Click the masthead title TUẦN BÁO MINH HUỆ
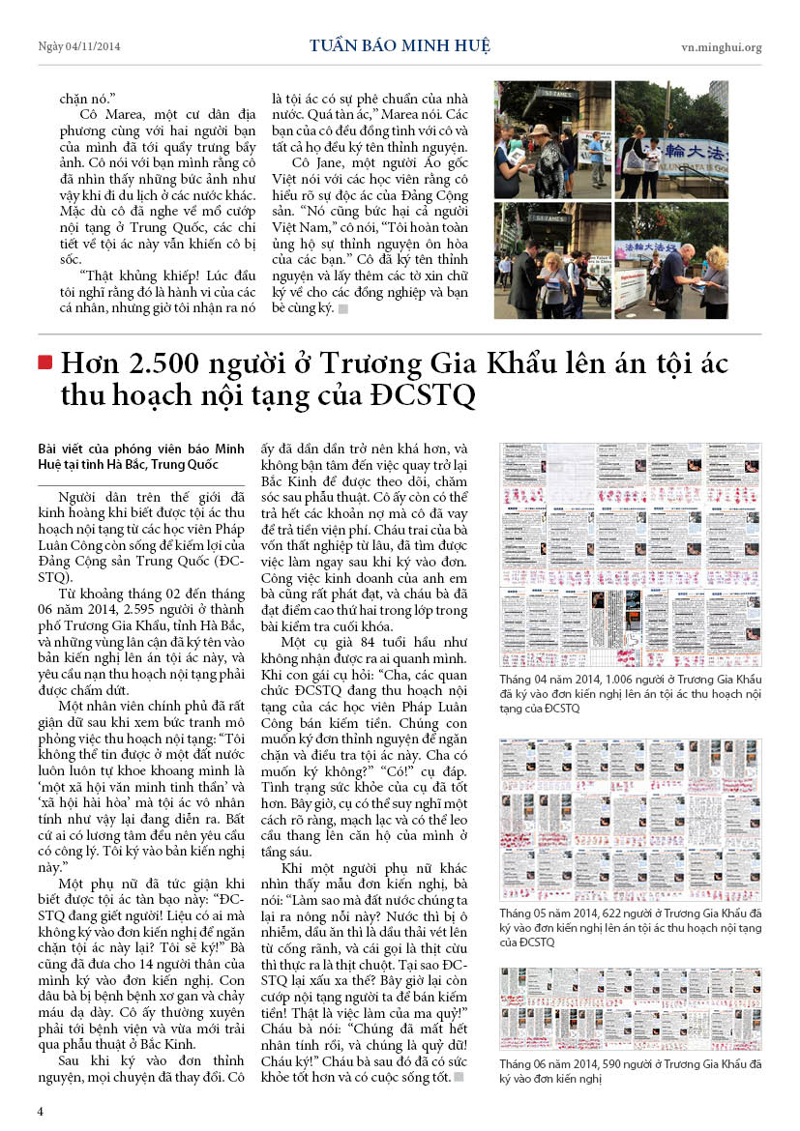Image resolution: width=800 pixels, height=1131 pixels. point(400,46)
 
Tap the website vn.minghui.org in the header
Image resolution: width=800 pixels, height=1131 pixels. point(721,47)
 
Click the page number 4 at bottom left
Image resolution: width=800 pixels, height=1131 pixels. point(41,1111)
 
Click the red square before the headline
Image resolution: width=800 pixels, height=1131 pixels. point(44,362)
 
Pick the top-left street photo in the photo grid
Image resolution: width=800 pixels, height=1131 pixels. point(552,139)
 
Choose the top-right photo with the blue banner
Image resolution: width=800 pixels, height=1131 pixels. point(671,139)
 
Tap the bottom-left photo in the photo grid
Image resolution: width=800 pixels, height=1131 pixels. point(552,260)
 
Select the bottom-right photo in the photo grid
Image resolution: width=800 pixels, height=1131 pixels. point(671,260)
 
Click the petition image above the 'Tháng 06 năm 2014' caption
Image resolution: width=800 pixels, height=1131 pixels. point(630,1008)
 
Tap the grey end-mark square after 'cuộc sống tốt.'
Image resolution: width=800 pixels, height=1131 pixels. point(459,1078)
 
